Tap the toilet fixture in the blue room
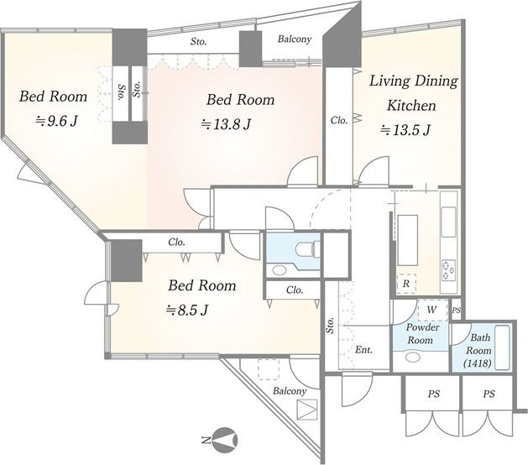(306, 249)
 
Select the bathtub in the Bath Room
(503, 347)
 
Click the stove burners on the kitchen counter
(448, 270)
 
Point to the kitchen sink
(448, 222)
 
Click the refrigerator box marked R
(406, 284)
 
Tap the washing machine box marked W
(432, 310)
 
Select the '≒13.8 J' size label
(226, 124)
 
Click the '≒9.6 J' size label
(57, 120)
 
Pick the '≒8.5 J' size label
(187, 310)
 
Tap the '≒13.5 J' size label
(405, 129)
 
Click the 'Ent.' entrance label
(364, 350)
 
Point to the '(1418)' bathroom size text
(477, 363)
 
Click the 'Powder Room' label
(422, 333)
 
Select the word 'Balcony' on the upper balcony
(294, 39)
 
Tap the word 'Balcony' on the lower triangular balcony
(290, 391)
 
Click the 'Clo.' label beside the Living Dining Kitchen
(338, 120)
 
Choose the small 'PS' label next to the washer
(456, 310)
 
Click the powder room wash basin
(412, 357)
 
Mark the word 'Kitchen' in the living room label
(410, 106)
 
